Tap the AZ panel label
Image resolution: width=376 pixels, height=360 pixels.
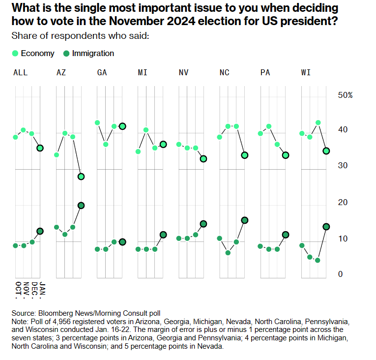pyautogui.click(x=61, y=72)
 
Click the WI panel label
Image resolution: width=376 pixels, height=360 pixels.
pyautogui.click(x=305, y=72)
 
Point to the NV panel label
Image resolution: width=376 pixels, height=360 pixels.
pyautogui.click(x=183, y=72)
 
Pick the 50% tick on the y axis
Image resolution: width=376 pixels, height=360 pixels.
pyautogui.click(x=345, y=95)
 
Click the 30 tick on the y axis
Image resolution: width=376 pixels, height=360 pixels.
pyautogui.click(x=343, y=166)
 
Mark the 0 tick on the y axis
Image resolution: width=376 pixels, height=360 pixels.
pyautogui.click(x=340, y=274)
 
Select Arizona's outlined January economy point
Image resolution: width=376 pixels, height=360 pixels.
pyautogui.click(x=81, y=177)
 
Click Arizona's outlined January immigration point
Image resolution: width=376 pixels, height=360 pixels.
pyautogui.click(x=81, y=205)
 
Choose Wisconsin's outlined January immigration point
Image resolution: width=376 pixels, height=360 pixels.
pyautogui.click(x=326, y=227)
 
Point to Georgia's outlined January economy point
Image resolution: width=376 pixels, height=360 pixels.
pyautogui.click(x=122, y=126)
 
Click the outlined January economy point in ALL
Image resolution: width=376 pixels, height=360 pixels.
pyautogui.click(x=40, y=148)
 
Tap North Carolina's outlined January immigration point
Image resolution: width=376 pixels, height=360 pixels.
pyautogui.click(x=245, y=220)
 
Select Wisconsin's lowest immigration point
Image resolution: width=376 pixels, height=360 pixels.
pyautogui.click(x=318, y=260)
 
